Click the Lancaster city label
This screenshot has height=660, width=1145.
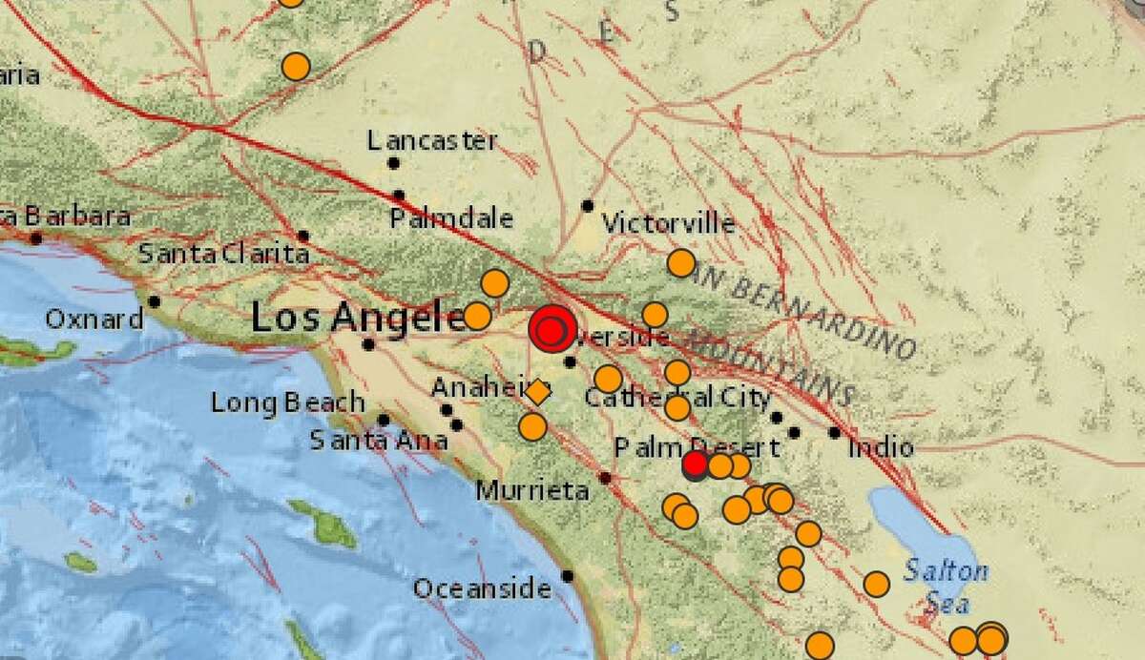coord(432,141)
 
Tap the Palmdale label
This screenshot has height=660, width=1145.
coord(451,218)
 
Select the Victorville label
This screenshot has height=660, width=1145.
coord(668,224)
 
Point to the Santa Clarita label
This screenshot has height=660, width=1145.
coord(223,255)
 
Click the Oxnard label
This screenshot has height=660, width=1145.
coord(94,319)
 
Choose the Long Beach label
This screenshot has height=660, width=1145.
coord(287,402)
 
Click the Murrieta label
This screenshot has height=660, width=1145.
coord(531,491)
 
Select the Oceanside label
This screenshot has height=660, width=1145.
coord(481,588)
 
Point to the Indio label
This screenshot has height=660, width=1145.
coord(879,446)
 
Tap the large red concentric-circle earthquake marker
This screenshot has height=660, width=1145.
coord(551,330)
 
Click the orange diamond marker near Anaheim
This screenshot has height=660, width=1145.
coord(537,392)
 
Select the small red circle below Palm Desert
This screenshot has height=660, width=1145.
coord(695,464)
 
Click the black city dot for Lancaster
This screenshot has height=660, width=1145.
coord(392,163)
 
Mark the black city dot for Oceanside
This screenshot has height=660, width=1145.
coord(568,575)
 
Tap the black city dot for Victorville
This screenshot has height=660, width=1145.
coord(588,206)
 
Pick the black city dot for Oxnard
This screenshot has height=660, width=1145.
coord(154,301)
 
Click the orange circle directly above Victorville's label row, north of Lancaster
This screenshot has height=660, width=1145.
coord(296,67)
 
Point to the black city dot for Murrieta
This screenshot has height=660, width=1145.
coord(605,477)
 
